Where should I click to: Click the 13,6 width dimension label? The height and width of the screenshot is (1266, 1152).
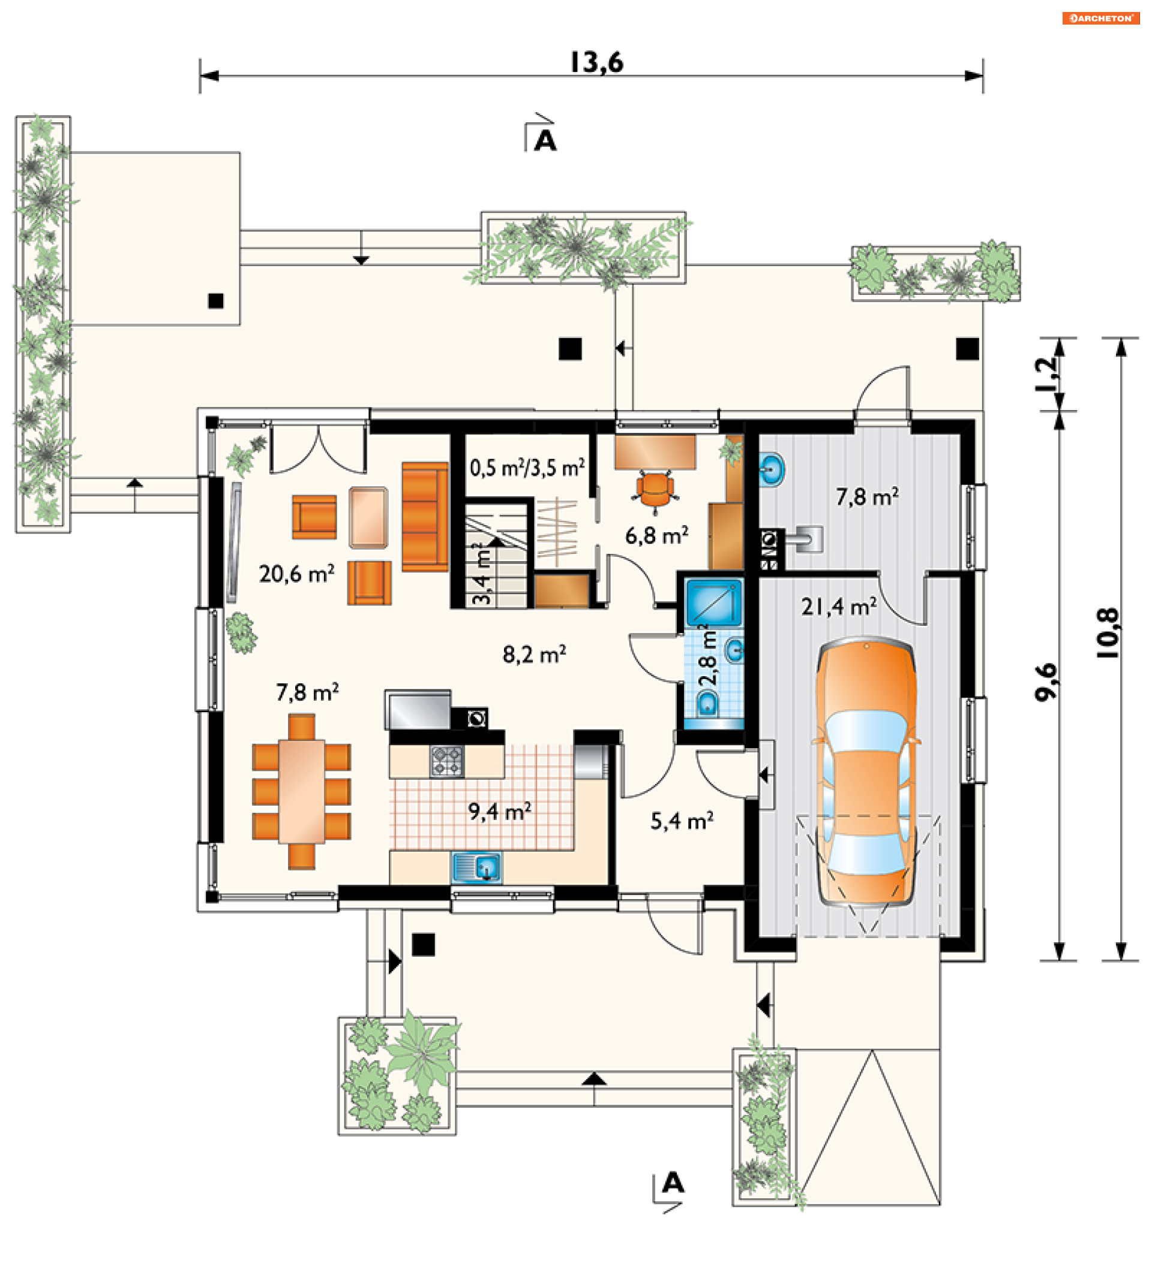(x=596, y=63)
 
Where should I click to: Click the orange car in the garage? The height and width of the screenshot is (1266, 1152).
(x=865, y=772)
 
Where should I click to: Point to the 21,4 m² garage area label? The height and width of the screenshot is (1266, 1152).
(x=838, y=607)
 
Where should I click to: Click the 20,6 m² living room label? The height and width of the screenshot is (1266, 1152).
(x=296, y=573)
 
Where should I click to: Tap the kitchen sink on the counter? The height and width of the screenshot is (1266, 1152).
(x=476, y=868)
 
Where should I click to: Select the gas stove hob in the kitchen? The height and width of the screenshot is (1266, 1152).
(x=447, y=761)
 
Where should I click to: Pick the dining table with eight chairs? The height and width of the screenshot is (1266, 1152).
(x=301, y=791)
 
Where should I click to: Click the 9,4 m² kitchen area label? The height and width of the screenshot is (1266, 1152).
(x=500, y=812)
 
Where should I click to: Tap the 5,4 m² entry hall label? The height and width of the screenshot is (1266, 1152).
(x=682, y=821)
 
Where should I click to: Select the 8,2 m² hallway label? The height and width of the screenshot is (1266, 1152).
(x=534, y=655)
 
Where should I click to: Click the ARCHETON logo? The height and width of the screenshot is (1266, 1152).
(x=1100, y=18)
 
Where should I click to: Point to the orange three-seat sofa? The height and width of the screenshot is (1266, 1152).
(x=425, y=517)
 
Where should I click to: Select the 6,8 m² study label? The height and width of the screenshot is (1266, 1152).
(x=657, y=535)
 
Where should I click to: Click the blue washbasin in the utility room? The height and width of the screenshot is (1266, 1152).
(x=771, y=469)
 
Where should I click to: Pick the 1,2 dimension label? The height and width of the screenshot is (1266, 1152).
(x=1046, y=373)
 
